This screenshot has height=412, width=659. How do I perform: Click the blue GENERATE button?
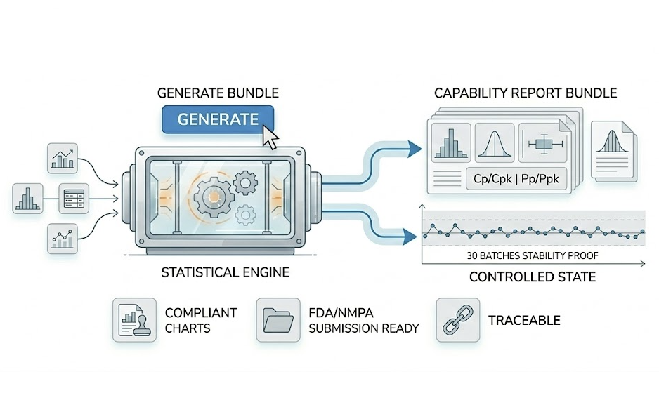coord(217,119)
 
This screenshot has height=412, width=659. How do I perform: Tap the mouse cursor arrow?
coord(270,137)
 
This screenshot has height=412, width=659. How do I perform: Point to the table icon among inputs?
coord(72,198)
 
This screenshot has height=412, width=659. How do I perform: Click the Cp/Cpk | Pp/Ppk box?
coord(516,178)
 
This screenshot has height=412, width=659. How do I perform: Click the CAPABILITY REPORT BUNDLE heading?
coord(526,93)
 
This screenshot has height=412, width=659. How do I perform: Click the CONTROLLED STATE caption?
coord(532,277)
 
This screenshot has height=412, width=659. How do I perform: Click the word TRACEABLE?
coord(524,321)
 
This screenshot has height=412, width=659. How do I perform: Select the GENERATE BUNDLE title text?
coord(217,93)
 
